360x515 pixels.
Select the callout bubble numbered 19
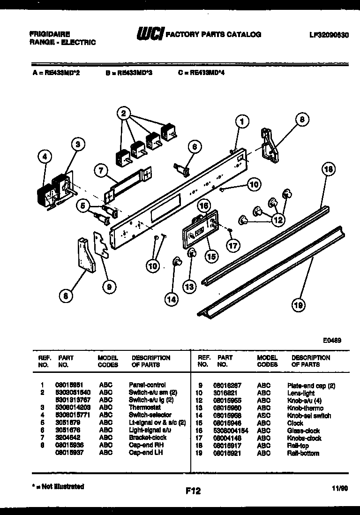coord(297,305)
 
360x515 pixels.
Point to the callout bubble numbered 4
coord(45,158)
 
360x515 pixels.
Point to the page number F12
coord(193,491)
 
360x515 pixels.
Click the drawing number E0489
coord(331,341)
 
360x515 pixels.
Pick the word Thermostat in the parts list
coord(144,408)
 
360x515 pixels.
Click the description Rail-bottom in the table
coord(303,453)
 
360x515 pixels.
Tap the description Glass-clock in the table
coord(303,431)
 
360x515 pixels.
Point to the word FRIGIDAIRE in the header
coord(50,35)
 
